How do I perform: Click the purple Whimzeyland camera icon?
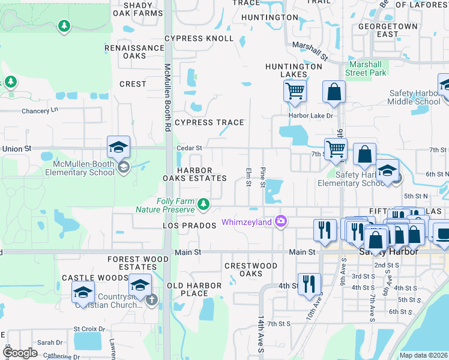click(280, 222)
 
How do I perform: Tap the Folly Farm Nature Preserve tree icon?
click(204, 205)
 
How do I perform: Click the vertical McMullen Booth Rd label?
click(167, 97)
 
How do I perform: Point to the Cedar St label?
click(189, 148)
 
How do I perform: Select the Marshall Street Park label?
click(366, 68)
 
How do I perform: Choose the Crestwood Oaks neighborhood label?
click(250, 269)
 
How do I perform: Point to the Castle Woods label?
click(86, 278)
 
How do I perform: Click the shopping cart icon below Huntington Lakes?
click(295, 92)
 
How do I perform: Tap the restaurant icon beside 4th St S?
click(309, 284)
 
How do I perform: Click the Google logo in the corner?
click(20, 353)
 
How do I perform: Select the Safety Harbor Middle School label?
click(415, 97)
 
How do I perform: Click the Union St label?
click(16, 148)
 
